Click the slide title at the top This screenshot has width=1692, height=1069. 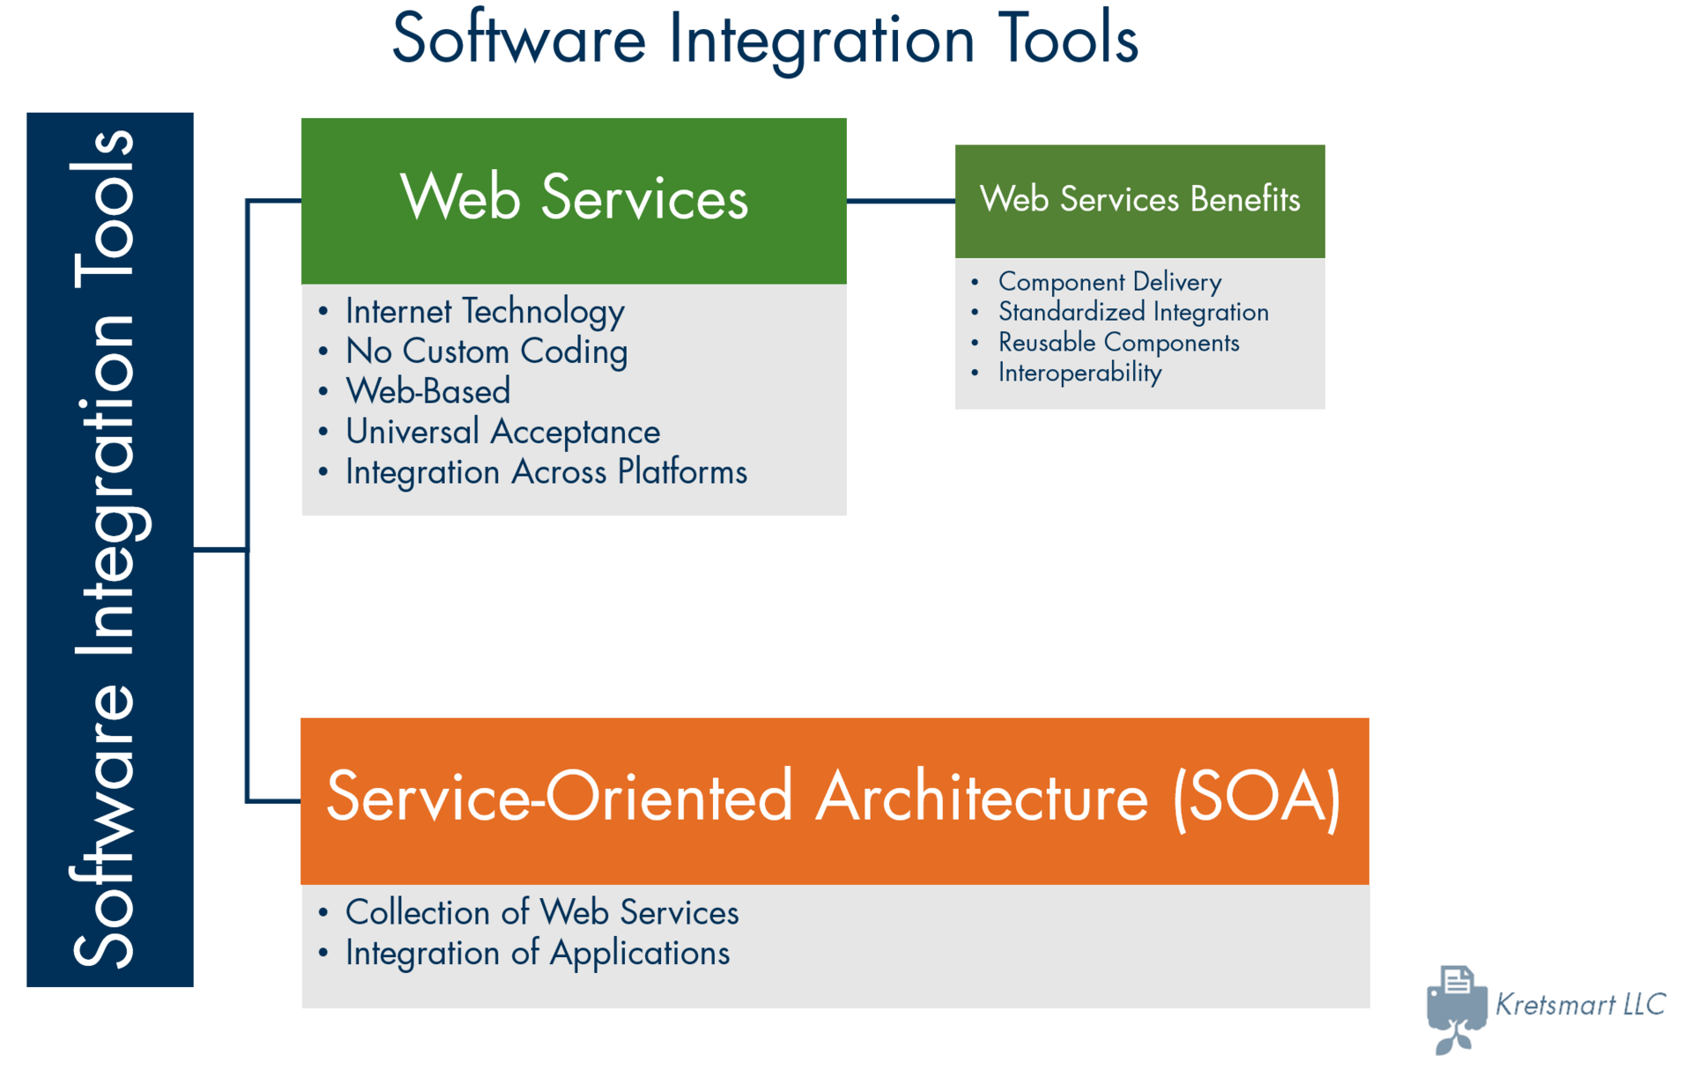click(765, 40)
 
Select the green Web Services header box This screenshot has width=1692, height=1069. click(574, 200)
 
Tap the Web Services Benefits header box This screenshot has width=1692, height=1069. click(1139, 200)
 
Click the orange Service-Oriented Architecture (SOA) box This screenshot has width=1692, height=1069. click(834, 799)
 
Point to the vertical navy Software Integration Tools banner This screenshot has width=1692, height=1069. click(109, 549)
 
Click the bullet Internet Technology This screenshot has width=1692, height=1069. click(485, 311)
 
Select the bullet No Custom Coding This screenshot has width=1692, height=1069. click(486, 352)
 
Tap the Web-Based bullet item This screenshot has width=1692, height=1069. click(428, 391)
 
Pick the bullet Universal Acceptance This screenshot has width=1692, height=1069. click(502, 432)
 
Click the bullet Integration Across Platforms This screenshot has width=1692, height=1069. click(545, 472)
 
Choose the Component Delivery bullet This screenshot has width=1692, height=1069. click(1109, 282)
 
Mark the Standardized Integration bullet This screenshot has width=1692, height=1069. click(1133, 312)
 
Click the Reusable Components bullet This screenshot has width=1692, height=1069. click(1118, 342)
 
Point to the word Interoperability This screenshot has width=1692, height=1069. click(1080, 373)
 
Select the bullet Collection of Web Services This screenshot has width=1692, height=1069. click(542, 913)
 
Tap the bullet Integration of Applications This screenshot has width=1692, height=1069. click(538, 954)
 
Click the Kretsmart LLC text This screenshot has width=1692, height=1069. click(1580, 1004)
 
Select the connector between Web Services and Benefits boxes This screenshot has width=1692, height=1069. click(901, 201)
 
